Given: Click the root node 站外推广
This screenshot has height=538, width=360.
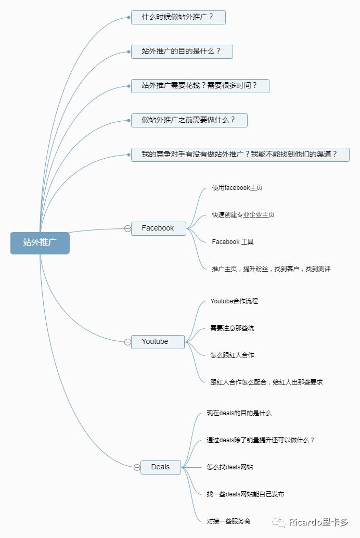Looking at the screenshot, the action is pos(40,243).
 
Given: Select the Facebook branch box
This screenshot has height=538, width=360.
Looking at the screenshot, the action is pos(159,228).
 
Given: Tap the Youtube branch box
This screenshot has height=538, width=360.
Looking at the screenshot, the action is pos(158,342).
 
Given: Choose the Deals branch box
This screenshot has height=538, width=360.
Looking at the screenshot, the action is pos(161,467).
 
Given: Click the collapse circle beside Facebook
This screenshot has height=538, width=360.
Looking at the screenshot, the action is pos(127,228).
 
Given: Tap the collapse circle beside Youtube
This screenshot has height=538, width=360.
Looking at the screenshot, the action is pos(127,342).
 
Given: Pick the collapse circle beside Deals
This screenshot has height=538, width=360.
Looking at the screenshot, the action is pos(137,467).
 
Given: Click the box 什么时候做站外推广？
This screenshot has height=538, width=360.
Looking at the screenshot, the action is pos(178,17).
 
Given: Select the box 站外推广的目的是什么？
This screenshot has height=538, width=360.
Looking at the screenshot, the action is pos(182,52).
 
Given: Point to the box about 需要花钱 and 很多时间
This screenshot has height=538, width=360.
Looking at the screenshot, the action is pos(200,86).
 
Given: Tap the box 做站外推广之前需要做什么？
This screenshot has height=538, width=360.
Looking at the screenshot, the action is pos(189,120).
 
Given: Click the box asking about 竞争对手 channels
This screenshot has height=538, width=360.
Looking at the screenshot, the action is pos(240,155).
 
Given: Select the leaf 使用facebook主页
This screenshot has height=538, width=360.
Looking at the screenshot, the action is pos(237,188).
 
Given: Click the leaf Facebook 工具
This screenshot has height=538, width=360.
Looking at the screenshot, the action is pos(233,242).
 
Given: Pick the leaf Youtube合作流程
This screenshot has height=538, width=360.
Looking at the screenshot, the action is pos(234,301).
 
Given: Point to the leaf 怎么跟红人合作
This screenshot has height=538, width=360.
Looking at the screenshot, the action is pos(232,355).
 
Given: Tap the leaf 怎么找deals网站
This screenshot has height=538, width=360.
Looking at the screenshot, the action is pos(229,467).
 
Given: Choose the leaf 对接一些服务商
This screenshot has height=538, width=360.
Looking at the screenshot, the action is pos(228,521).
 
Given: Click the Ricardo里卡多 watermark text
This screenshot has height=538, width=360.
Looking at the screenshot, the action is pos(318,522).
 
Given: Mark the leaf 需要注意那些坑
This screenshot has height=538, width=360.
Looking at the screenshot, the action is pos(232,328).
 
